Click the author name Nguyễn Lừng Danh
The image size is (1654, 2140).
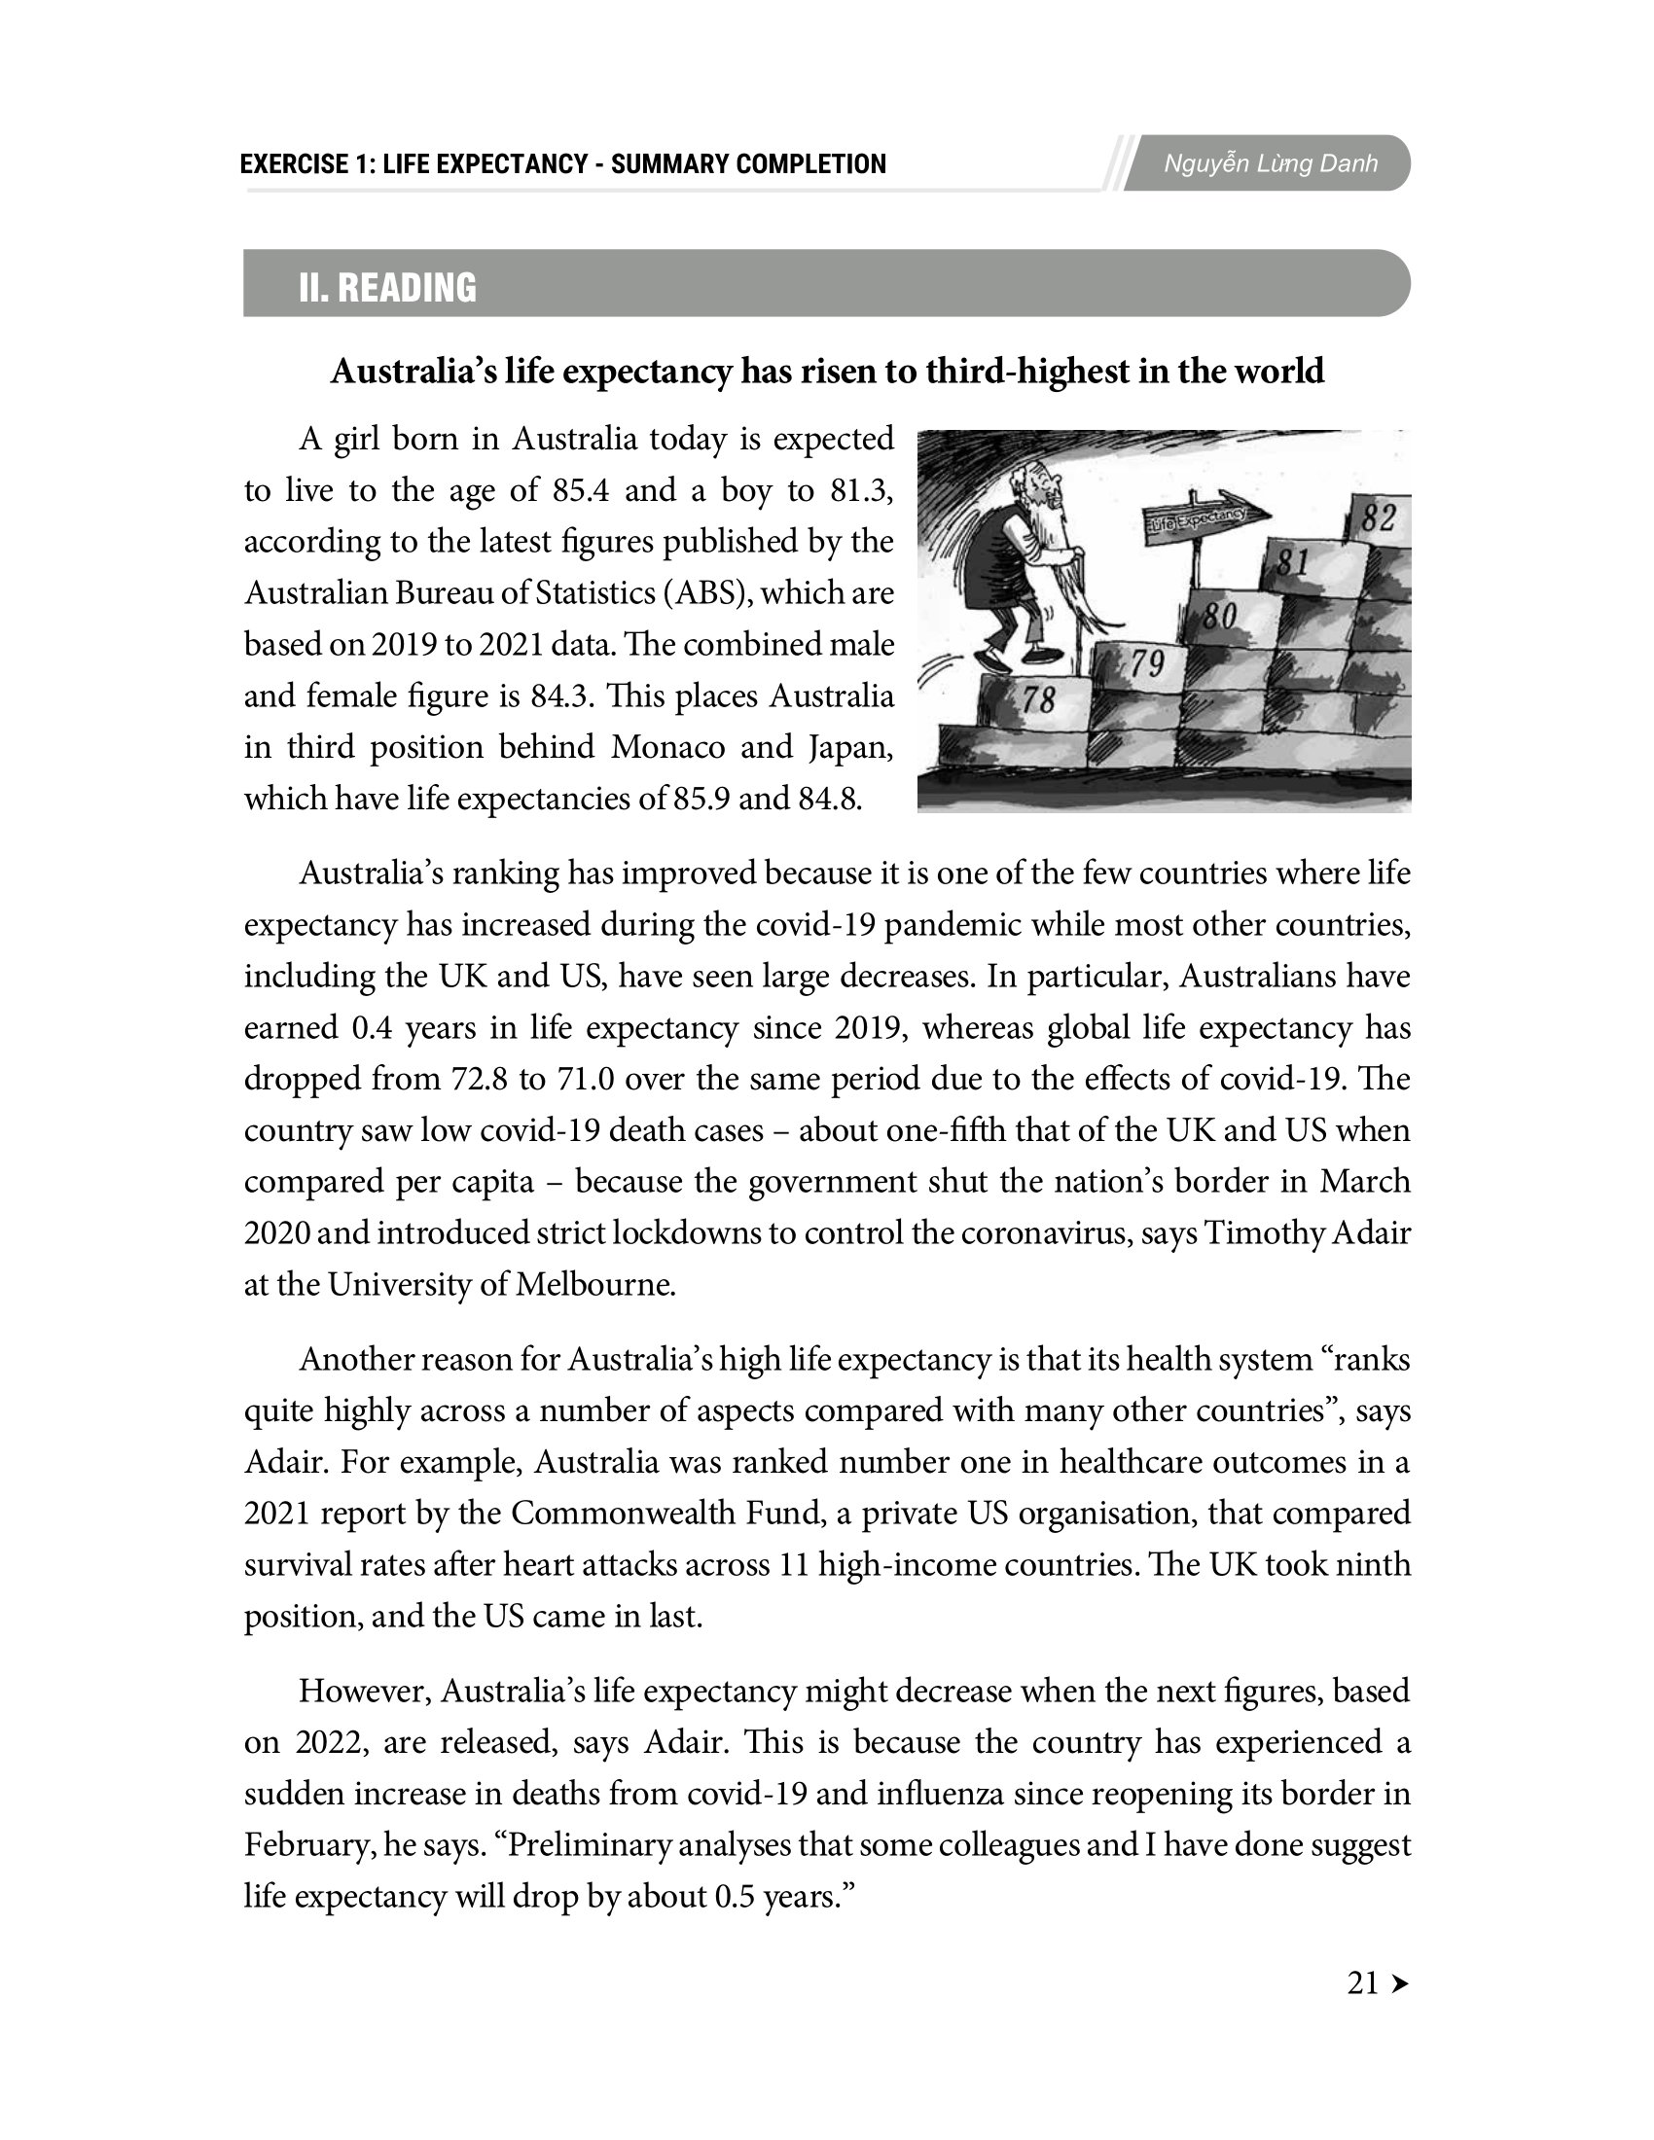1270,163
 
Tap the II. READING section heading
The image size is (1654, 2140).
387,287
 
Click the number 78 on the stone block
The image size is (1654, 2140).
1039,700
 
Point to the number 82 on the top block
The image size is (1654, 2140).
1378,518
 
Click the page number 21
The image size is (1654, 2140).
1363,1983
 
